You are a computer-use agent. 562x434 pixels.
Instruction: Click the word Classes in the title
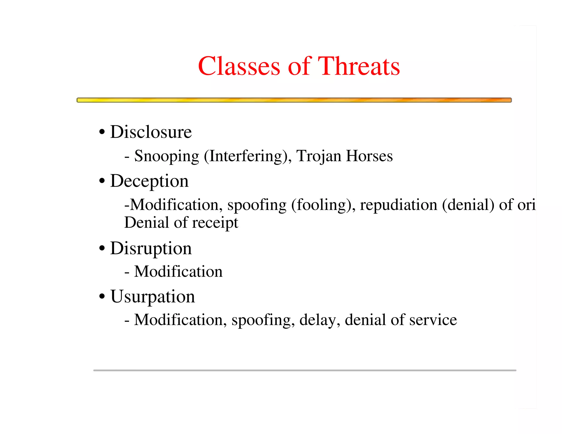(239, 66)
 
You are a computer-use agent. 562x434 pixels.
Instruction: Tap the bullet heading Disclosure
(151, 132)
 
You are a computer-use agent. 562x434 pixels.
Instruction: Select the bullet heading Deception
(149, 181)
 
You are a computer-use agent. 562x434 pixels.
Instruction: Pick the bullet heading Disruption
(151, 248)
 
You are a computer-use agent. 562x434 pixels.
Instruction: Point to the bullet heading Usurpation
(153, 297)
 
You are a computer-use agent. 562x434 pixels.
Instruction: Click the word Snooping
(167, 156)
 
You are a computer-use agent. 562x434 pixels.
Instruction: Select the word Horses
(369, 156)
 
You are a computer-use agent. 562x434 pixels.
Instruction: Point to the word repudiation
(398, 205)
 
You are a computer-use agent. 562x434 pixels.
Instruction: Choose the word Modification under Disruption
(178, 272)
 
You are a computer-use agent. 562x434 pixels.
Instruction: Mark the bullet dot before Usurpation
(102, 297)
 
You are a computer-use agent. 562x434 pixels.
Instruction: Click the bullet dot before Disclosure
(102, 132)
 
